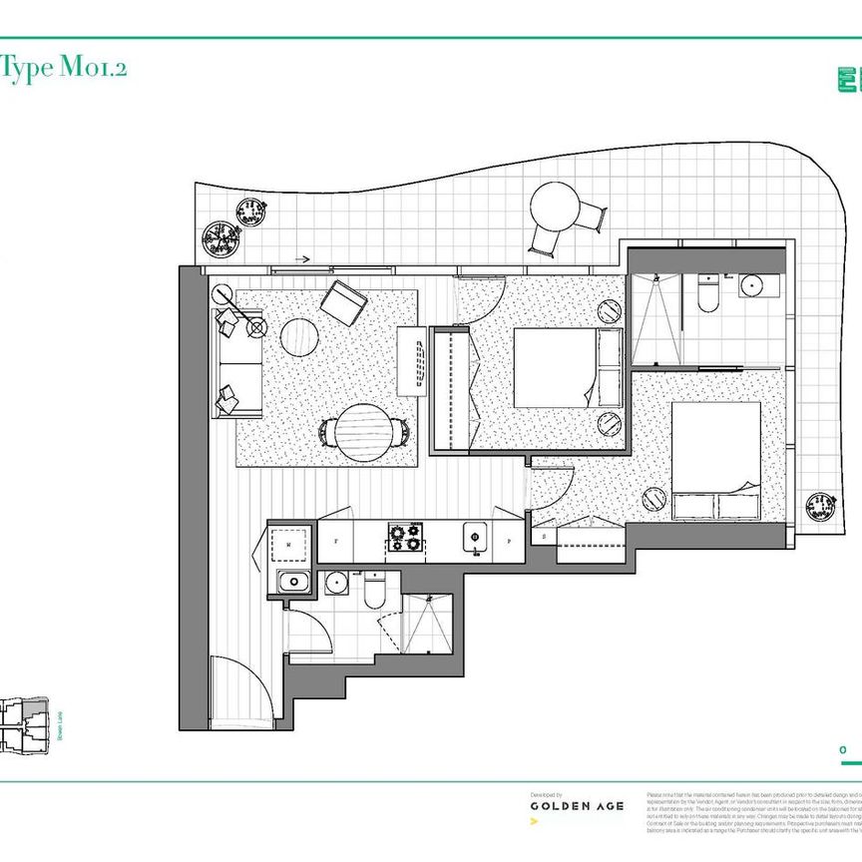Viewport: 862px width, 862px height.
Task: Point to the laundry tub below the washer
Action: pyautogui.click(x=293, y=583)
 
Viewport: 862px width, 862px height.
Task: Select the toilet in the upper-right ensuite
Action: pyautogui.click(x=708, y=293)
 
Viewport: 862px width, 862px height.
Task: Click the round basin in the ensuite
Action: pyautogui.click(x=752, y=287)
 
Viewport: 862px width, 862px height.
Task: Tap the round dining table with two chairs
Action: pyautogui.click(x=363, y=431)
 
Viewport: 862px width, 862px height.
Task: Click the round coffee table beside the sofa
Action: pyautogui.click(x=298, y=337)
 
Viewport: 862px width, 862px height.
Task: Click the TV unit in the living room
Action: pyautogui.click(x=411, y=362)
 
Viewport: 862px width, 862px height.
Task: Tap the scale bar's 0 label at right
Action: pyautogui.click(x=843, y=749)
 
